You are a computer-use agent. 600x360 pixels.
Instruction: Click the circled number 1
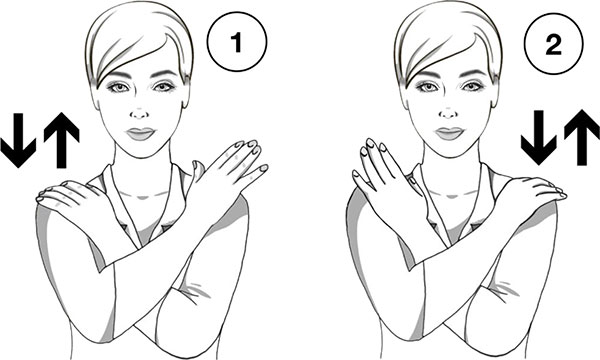click(x=237, y=41)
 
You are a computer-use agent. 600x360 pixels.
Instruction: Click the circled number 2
click(x=553, y=43)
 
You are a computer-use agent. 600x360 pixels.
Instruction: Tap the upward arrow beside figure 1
click(x=61, y=140)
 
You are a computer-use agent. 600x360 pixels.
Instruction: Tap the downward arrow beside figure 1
click(x=18, y=140)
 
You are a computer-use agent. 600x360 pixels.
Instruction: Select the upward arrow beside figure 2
click(x=582, y=137)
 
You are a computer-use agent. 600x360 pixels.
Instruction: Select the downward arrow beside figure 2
click(x=538, y=138)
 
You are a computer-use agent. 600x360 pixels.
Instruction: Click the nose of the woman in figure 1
click(x=140, y=113)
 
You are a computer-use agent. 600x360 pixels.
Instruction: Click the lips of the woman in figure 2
click(x=450, y=134)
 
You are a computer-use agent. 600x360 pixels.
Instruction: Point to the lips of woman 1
click(x=140, y=134)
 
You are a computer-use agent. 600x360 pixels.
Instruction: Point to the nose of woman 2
click(x=449, y=113)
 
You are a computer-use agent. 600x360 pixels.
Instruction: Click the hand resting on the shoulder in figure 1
click(x=69, y=195)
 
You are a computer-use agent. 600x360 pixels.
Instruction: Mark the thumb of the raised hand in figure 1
click(x=198, y=172)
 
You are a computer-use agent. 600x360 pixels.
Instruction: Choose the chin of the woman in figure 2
click(x=449, y=151)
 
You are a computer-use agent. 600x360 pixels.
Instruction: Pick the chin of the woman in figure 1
click(x=140, y=151)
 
